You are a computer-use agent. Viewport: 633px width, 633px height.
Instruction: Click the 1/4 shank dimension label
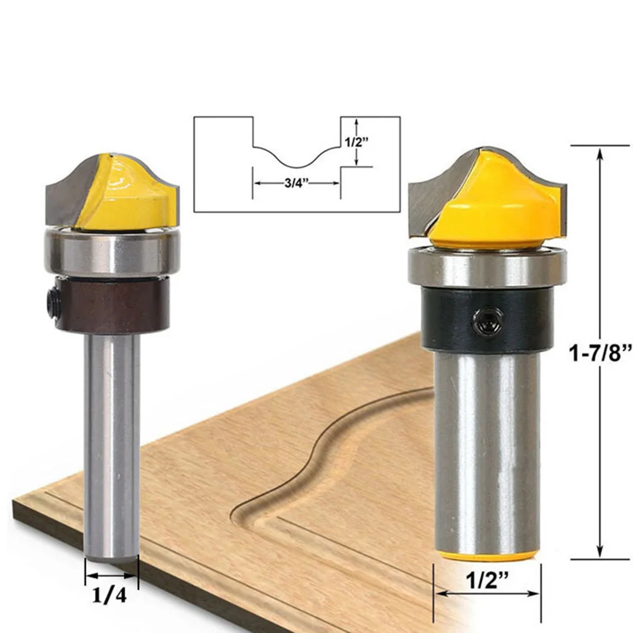(110, 596)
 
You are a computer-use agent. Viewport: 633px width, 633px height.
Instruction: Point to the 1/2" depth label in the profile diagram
(357, 142)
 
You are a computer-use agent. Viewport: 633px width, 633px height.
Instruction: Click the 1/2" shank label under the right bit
(487, 581)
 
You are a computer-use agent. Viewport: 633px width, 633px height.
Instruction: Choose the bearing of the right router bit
(487, 267)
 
